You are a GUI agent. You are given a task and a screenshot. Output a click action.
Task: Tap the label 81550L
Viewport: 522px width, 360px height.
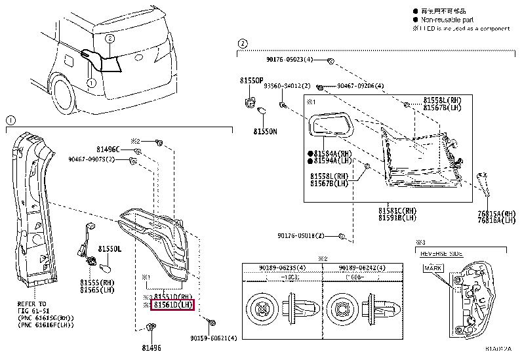point(110,250)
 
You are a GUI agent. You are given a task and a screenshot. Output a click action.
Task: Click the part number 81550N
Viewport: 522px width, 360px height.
point(265,131)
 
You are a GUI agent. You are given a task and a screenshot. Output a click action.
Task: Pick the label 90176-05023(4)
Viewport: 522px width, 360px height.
point(294,60)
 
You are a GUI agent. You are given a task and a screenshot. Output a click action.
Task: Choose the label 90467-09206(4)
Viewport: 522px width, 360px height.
point(360,86)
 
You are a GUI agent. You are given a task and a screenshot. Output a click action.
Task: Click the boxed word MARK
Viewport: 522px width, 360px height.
point(433,268)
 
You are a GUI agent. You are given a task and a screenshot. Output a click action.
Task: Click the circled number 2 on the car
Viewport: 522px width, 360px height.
point(110,39)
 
